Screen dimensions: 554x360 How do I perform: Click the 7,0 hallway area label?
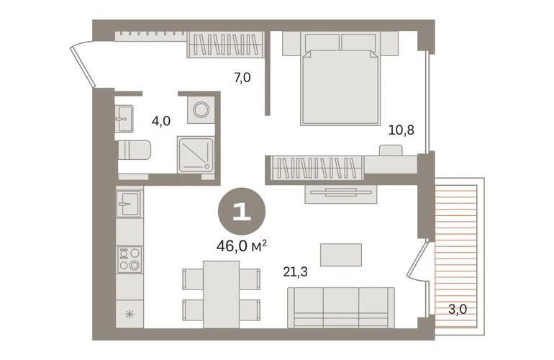(242, 78)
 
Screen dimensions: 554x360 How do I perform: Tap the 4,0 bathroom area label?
(160, 121)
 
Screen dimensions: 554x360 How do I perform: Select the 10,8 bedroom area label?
(401, 130)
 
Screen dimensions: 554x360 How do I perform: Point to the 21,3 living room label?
(295, 272)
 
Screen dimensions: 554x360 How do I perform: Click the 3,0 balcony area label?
(458, 310)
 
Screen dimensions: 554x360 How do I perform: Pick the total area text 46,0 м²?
(242, 246)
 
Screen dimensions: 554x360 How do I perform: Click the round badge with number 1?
(242, 211)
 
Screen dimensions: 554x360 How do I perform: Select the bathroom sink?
(124, 119)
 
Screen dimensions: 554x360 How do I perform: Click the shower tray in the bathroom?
(196, 156)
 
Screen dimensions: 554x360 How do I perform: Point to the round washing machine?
(201, 109)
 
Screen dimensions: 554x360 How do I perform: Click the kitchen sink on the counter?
(129, 204)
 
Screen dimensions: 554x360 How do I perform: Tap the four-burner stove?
(130, 259)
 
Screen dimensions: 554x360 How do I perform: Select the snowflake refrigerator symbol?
(130, 314)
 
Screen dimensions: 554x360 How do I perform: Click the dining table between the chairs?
(221, 294)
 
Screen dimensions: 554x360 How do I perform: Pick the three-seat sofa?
(340, 307)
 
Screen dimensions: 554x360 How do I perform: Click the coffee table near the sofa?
(341, 255)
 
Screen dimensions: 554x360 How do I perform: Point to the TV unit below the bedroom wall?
(341, 194)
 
